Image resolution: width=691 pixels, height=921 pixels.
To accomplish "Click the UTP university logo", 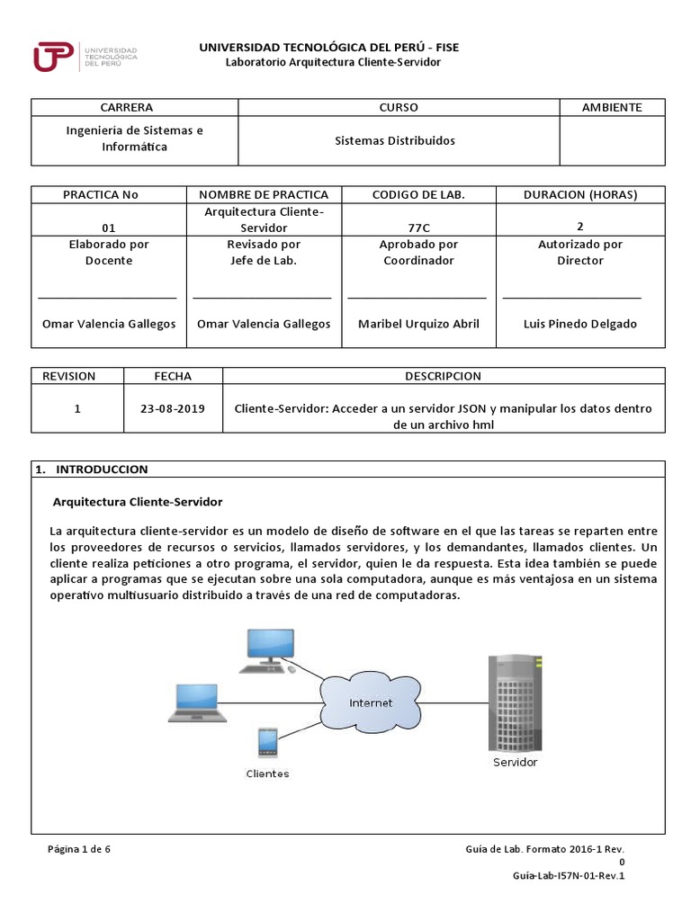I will point(85,56).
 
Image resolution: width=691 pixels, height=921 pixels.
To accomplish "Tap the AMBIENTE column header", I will point(612,107).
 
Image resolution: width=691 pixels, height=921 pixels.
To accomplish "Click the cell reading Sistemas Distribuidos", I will point(395,140).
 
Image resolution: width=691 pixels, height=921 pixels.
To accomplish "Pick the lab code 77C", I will point(418,228).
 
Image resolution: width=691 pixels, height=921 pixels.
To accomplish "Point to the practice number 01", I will point(109,228).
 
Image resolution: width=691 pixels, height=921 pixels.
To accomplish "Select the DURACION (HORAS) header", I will point(580,194).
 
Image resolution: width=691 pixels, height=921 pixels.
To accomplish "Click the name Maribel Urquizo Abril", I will point(418,324).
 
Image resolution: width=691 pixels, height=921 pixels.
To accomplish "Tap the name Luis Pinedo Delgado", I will point(580,324).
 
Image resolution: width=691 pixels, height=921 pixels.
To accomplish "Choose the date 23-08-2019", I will point(173,407).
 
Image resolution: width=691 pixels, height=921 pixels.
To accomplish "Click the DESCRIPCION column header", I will point(443,376).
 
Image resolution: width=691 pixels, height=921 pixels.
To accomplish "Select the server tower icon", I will point(516,702).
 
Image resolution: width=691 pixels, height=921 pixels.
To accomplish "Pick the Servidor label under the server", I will point(516,762).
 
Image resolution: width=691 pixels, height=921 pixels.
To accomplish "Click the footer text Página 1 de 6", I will point(79,849).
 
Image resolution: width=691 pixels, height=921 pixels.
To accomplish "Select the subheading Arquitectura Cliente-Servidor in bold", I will point(138,501).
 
